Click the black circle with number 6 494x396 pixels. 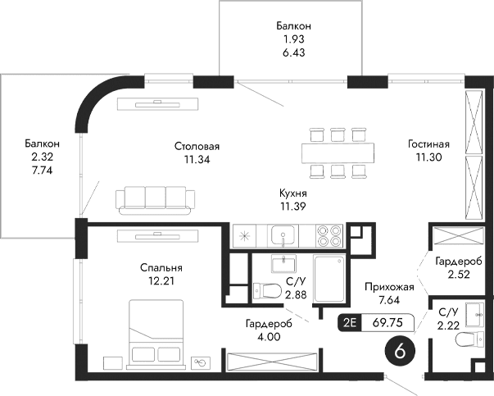pyautogui.click(x=400, y=350)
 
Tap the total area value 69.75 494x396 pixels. pyautogui.click(x=386, y=322)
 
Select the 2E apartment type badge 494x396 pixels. pyautogui.click(x=349, y=322)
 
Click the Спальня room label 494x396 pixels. pyautogui.click(x=161, y=268)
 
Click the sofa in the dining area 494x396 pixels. pyautogui.click(x=156, y=198)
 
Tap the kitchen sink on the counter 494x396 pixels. pyautogui.click(x=283, y=236)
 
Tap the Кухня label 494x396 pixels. pyautogui.click(x=293, y=193)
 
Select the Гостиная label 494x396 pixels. pyautogui.click(x=428, y=143)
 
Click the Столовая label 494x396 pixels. pyautogui.click(x=197, y=146)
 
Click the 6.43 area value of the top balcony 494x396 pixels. pyautogui.click(x=293, y=52)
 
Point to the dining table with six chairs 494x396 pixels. pyautogui.click(x=337, y=152)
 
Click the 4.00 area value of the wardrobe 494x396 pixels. pyautogui.click(x=269, y=336)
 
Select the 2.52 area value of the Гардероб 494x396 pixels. pyautogui.click(x=458, y=275)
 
